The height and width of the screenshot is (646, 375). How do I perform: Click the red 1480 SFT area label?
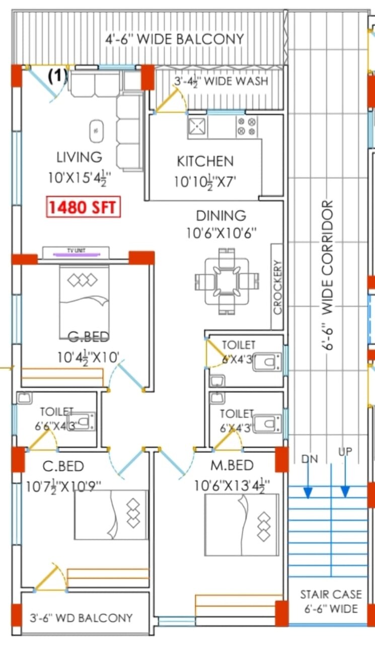[x=84, y=207]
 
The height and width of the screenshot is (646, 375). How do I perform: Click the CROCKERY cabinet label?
[x=277, y=287]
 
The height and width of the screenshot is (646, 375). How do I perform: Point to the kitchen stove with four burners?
[x=247, y=126]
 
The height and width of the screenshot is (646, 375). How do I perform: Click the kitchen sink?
[x=196, y=127]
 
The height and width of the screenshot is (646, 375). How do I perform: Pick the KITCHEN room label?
[x=205, y=161]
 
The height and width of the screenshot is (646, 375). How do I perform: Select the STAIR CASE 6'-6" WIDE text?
[x=331, y=601]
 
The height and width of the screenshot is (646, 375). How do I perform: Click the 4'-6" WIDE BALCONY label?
[x=175, y=39]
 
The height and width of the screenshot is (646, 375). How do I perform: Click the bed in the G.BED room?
[x=84, y=297]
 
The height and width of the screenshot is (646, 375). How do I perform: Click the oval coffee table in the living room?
[x=95, y=131]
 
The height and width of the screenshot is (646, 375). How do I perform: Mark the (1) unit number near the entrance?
[x=57, y=76]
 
